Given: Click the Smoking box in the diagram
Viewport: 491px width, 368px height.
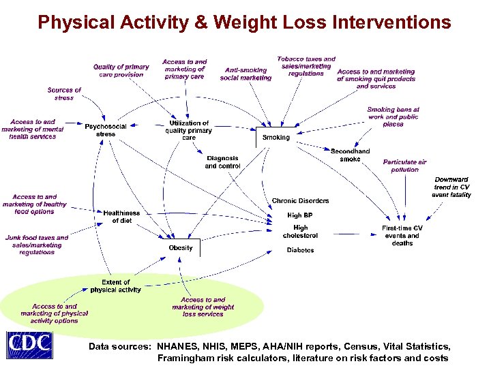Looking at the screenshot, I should tap(276, 137).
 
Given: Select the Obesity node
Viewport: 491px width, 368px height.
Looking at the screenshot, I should tap(181, 248).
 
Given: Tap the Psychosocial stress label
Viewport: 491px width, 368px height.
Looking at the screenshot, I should tap(106, 130).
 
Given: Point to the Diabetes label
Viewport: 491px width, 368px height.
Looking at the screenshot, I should tap(300, 250).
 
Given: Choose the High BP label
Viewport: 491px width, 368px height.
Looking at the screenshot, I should tap(299, 215).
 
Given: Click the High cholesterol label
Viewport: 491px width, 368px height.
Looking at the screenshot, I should tap(300, 232).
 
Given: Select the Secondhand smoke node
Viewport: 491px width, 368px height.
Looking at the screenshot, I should tap(350, 155).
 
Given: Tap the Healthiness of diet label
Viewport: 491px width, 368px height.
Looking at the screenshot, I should tap(121, 217).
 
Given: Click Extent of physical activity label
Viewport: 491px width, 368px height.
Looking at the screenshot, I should tap(115, 286).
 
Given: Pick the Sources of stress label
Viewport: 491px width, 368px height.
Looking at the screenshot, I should tap(64, 93).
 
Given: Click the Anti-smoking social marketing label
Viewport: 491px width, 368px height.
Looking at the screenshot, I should tap(245, 74).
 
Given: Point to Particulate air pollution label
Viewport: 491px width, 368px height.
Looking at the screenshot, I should tap(404, 166).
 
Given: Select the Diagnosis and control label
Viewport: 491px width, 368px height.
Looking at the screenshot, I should tap(222, 162).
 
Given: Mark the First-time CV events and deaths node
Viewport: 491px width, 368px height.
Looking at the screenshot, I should tap(402, 235).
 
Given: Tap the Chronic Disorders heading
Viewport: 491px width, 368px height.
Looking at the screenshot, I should tap(300, 201).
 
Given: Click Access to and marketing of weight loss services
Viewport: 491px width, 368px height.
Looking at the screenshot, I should tap(203, 307).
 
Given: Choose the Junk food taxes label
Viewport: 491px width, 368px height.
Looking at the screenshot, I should tap(37, 245).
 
